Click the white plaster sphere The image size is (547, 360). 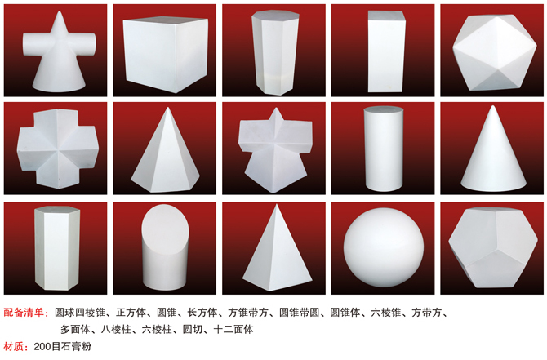coord(384,248)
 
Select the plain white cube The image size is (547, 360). coord(166,54)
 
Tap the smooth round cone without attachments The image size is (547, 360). coord(493,150)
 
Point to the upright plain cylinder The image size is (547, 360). coord(384,149)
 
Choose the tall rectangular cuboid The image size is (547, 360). coord(386,51)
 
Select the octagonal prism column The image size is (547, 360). coord(275,52)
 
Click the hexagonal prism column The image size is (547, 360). coord(57,247)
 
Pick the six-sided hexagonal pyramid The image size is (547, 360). coord(166,151)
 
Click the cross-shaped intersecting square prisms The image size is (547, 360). coord(58,149)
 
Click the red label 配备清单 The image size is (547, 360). coord(24,312)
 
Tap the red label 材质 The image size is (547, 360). coord(13,346)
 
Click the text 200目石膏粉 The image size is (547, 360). coord(63,346)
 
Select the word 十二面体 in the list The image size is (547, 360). coord(233,329)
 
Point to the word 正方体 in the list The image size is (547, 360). coord(131,312)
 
